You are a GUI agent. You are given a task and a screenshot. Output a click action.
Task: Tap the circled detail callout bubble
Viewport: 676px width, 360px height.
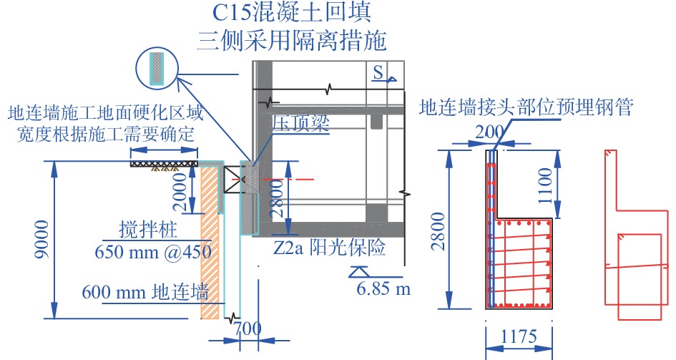click(x=156, y=67)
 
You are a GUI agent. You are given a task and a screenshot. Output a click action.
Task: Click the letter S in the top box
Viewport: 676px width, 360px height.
click(x=378, y=72)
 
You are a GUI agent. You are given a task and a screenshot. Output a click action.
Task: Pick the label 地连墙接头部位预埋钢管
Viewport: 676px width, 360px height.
click(x=526, y=108)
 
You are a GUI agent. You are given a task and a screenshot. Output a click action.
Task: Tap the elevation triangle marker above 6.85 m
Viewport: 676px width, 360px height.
click(x=358, y=272)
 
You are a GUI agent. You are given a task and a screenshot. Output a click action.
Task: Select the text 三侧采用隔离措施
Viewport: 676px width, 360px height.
click(x=293, y=39)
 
